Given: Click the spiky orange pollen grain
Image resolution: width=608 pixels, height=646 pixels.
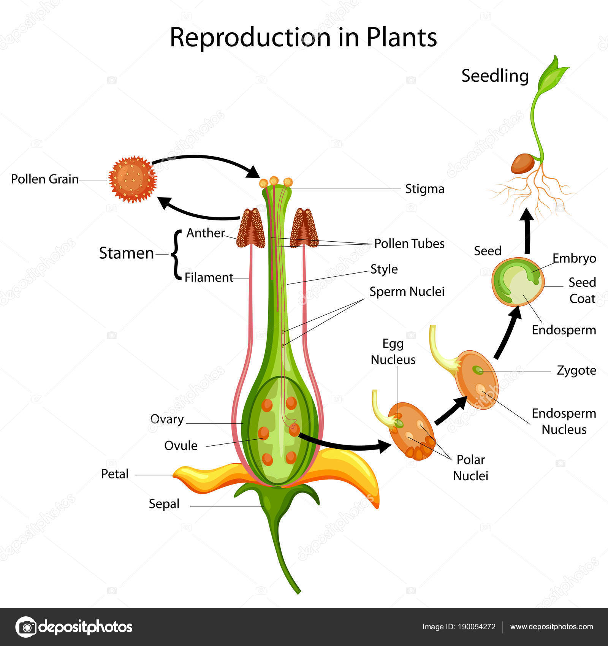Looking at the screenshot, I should tap(132, 179).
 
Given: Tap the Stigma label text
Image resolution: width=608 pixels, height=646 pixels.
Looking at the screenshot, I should tap(424, 189).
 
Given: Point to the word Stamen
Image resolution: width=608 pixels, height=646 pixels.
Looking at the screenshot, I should tap(126, 253).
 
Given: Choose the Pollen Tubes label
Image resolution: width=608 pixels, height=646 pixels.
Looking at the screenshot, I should tap(409, 244).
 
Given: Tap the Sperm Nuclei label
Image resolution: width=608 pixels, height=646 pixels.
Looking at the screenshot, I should tap(407, 291).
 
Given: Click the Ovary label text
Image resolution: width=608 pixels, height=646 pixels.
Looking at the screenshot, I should tap(167, 419).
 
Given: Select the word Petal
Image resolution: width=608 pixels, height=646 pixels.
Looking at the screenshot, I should tap(115, 474).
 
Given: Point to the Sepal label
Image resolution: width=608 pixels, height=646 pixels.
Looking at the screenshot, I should tap(164, 504).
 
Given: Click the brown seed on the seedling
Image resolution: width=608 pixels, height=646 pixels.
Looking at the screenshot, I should tap(522, 163).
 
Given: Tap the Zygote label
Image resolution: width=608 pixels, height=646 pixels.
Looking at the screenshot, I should tap(576, 370).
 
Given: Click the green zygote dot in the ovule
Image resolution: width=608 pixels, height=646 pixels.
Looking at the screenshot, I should tap(477, 369).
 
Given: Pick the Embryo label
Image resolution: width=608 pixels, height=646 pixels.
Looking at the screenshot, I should tap(574, 258).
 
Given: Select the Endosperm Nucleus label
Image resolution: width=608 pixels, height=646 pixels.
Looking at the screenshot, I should tap(564, 421).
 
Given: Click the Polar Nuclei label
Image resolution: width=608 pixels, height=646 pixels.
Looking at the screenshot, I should tap(470, 468).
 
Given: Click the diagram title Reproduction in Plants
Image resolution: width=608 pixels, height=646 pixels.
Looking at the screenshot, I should tap(303, 37).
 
